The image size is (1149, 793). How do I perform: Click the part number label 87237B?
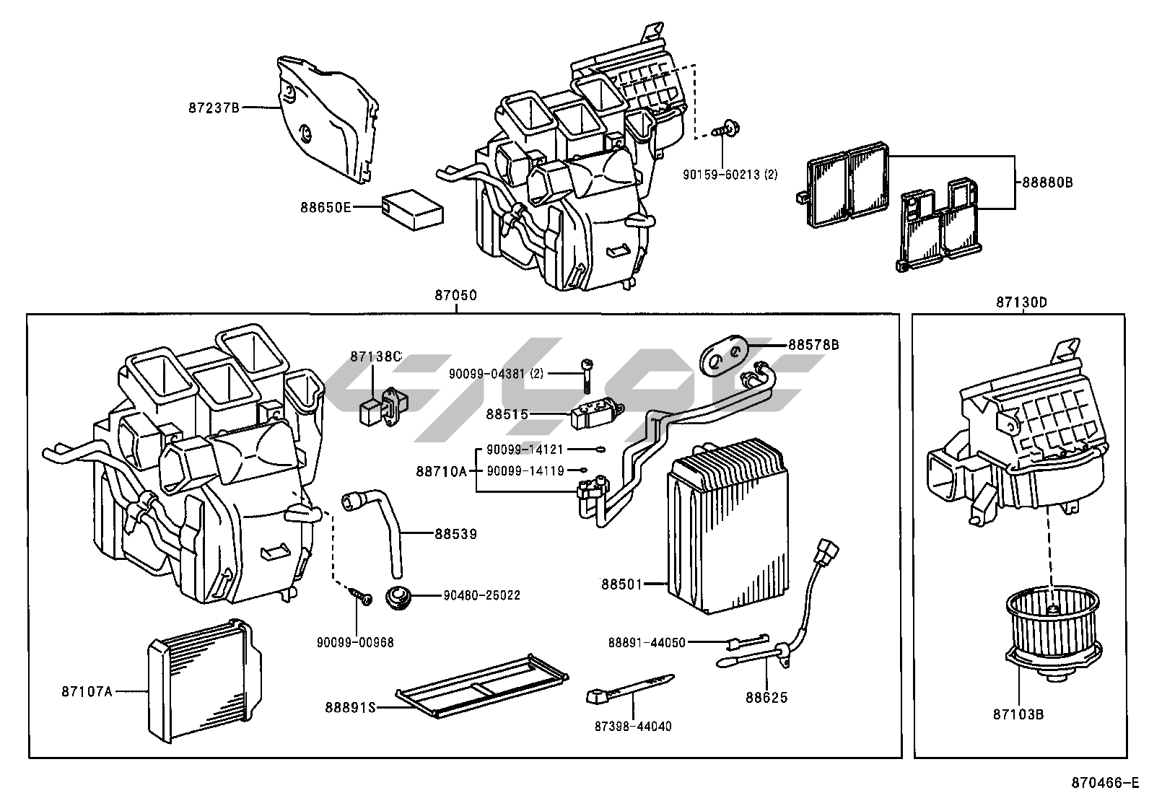(214, 108)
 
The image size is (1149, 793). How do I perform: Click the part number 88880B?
(1047, 183)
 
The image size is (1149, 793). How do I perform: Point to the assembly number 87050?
(455, 296)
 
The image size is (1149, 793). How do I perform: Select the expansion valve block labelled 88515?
(588, 416)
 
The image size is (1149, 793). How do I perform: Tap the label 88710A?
(441, 471)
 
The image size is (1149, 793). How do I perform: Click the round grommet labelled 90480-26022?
(396, 597)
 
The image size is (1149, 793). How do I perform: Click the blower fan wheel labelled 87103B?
(1054, 632)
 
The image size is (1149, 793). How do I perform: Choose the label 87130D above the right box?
(1021, 303)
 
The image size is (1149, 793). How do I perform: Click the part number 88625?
(766, 698)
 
